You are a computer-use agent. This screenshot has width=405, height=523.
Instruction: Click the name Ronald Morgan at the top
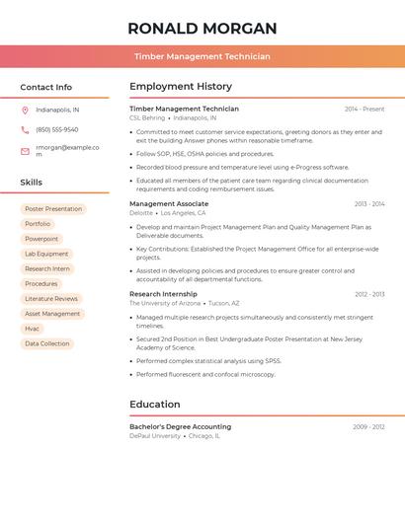[x=202, y=28]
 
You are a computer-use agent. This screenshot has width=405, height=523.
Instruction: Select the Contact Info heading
[x=45, y=87]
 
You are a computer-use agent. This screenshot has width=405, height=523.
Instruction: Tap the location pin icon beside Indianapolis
[x=25, y=110]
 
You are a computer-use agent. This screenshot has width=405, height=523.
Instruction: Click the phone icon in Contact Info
[x=25, y=129]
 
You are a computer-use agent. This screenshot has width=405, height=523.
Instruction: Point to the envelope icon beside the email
[x=25, y=151]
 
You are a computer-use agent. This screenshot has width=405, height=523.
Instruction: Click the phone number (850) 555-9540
[x=57, y=129]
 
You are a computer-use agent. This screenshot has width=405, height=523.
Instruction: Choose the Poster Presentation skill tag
[x=53, y=209]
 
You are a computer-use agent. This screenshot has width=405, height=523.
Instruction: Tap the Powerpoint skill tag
[x=41, y=239]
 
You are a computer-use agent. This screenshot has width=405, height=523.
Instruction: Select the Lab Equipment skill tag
[x=46, y=254]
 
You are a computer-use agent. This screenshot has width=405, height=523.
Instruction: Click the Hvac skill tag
[x=33, y=329]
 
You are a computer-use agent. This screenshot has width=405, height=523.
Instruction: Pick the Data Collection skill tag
[x=47, y=343]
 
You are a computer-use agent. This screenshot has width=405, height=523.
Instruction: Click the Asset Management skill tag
[x=52, y=314]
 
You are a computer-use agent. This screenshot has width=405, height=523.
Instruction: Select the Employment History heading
[x=181, y=87]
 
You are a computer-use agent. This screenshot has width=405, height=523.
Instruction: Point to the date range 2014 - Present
[x=364, y=110]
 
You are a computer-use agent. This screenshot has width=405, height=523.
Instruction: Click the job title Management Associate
[x=169, y=204]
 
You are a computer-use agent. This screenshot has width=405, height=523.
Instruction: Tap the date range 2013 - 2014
[x=369, y=204]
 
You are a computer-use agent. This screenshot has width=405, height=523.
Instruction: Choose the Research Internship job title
[x=163, y=294]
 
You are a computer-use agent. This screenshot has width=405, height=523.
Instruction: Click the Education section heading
[x=155, y=404]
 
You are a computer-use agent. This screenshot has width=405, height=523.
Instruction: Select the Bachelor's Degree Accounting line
[x=180, y=426]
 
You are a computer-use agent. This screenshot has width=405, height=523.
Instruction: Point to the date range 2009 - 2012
[x=368, y=427]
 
